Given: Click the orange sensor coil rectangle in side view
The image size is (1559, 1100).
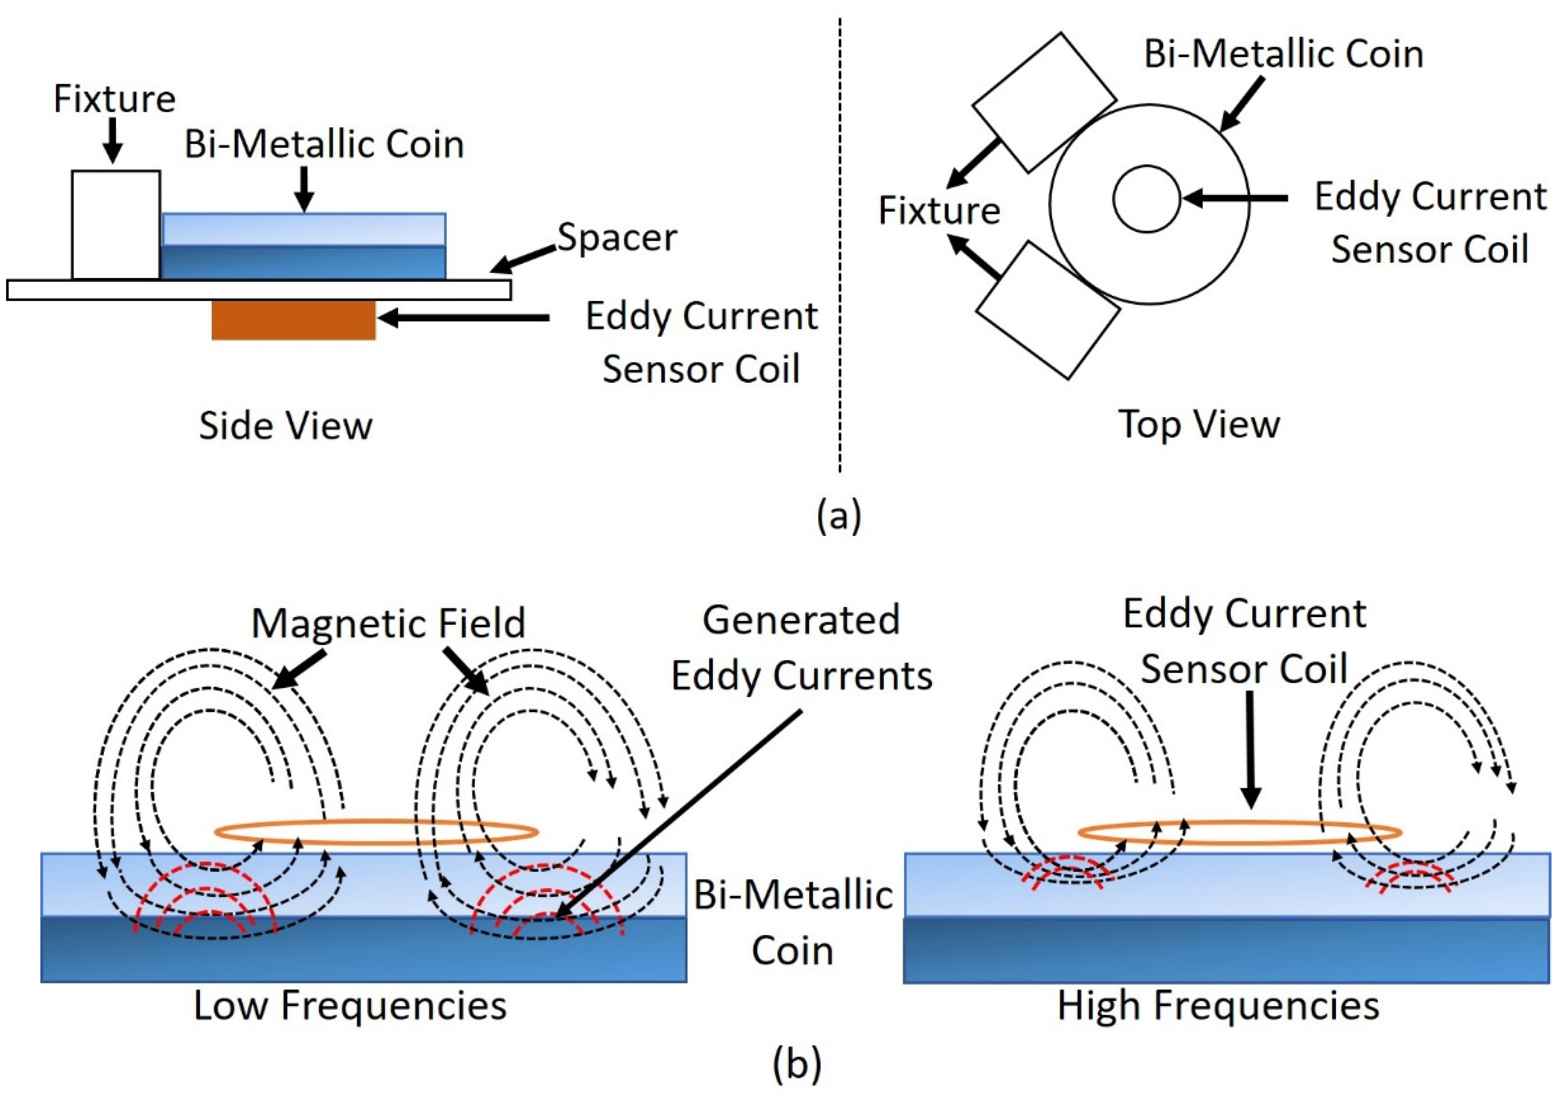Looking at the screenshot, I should (x=293, y=320).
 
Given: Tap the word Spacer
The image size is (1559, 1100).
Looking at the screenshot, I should (x=617, y=238).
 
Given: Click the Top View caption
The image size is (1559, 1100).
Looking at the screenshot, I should (x=1199, y=425).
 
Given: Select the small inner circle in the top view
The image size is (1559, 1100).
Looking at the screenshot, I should (x=1146, y=199).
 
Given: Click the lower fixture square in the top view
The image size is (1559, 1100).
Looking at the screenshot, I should (x=1047, y=311).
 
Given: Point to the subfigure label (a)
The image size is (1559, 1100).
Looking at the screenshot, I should (x=839, y=516).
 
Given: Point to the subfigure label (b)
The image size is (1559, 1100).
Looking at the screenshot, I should (x=796, y=1062).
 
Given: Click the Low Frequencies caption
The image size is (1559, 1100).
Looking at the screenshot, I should (x=350, y=1006).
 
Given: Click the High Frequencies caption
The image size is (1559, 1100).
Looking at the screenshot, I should (x=1218, y=1006).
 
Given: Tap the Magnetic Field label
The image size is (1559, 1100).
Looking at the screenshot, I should (x=388, y=623).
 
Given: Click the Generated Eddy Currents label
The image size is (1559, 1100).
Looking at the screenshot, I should (x=801, y=649).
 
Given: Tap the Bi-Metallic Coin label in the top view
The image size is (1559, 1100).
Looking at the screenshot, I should (x=1283, y=54).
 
